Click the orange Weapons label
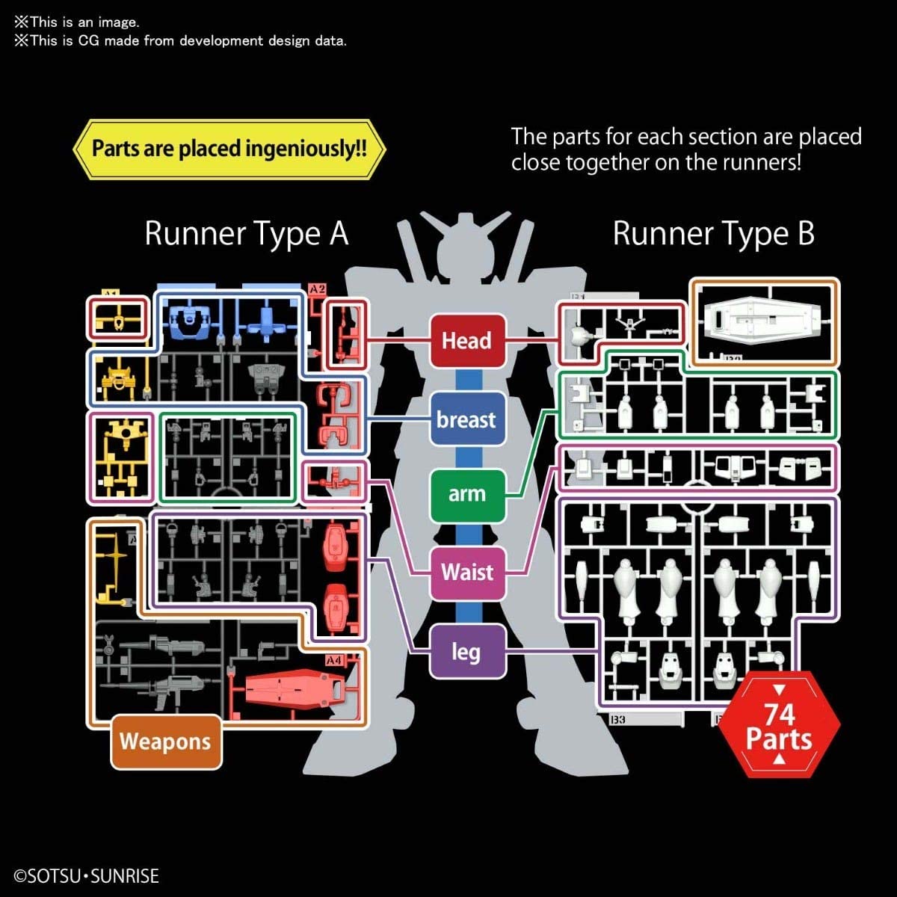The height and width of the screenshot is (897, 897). (x=166, y=742)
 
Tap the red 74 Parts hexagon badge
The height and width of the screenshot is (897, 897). (x=779, y=726)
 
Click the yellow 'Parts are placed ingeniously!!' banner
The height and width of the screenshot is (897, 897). (x=229, y=149)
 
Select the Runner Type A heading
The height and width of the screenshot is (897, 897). (x=246, y=233)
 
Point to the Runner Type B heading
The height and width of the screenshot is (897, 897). (x=713, y=233)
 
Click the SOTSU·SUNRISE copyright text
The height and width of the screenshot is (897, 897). (x=87, y=876)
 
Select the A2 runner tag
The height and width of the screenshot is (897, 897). (x=318, y=289)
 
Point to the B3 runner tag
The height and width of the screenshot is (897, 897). (x=617, y=720)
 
